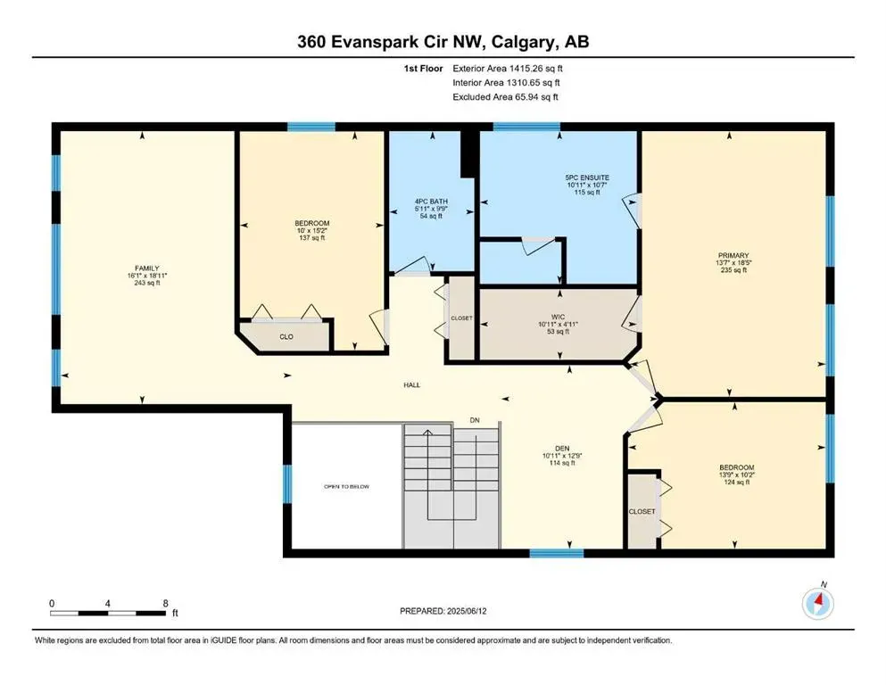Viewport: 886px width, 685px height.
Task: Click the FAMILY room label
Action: pos(147,268)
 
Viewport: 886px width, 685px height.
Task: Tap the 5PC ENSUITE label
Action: pos(588,177)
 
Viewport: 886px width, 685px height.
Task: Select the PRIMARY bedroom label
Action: pos(733,255)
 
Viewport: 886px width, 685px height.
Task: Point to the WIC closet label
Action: pos(559,317)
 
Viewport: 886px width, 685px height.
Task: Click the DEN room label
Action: pos(562,449)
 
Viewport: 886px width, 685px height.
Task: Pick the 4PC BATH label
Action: pos(431,201)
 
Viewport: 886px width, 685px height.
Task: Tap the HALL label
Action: pos(412,385)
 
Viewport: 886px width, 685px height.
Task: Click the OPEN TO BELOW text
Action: pos(346,487)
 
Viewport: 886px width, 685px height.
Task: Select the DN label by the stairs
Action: pos(475,420)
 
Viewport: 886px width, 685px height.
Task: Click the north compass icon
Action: pos(817,604)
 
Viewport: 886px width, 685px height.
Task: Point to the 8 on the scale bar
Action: pos(166,603)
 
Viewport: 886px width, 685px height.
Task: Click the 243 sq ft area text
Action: pos(147,283)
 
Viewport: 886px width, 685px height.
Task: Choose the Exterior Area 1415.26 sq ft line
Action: pos(508,69)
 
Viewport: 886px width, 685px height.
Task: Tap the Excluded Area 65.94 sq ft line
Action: pos(505,96)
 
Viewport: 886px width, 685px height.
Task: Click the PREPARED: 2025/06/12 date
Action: pos(443,611)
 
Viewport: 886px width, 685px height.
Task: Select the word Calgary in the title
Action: pos(523,42)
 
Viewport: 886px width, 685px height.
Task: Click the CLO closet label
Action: pos(286,336)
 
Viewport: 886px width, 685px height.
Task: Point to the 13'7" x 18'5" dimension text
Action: pos(733,262)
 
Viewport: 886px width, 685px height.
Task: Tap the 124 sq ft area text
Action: pos(736,483)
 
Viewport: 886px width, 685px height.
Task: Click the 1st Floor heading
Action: pos(423,69)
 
